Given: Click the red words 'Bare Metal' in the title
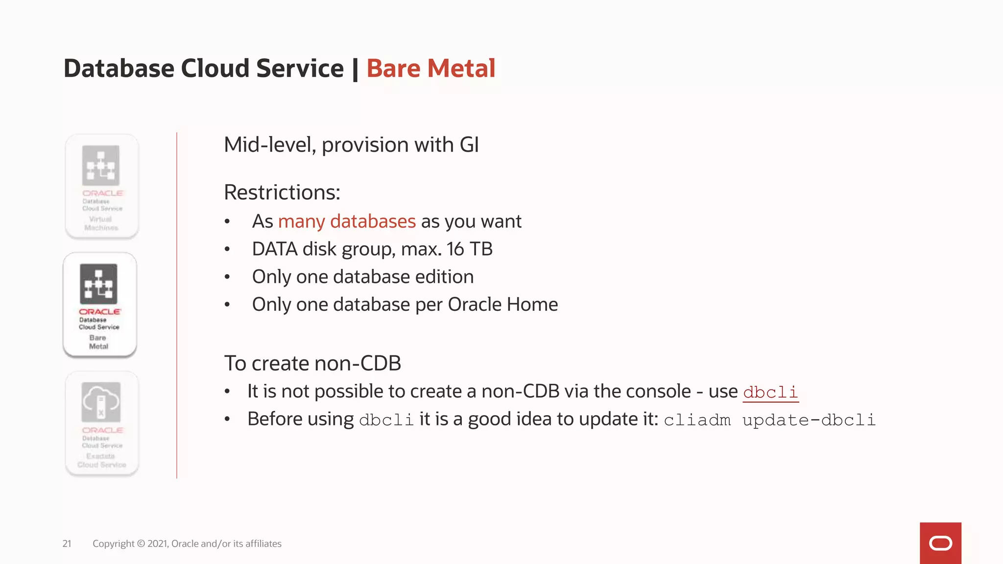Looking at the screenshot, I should tap(430, 68).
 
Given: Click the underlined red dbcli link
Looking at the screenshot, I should tap(770, 392).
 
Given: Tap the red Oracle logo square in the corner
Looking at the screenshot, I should tap(940, 543).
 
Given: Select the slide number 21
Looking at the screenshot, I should tap(67, 543).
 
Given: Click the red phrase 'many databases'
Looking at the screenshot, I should tap(347, 221).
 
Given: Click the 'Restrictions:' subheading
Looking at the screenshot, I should tap(282, 192).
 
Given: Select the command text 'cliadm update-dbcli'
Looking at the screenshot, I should tap(769, 420).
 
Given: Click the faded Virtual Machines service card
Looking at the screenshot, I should tap(102, 187).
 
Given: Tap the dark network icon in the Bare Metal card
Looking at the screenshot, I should tap(99, 284).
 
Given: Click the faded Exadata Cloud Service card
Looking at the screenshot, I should tap(102, 423).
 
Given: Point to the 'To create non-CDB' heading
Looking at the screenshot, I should tap(312, 363).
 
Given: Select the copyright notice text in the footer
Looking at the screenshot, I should tap(187, 543).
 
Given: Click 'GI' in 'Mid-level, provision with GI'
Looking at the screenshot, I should tap(469, 145).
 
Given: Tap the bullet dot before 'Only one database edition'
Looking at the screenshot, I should tap(227, 277).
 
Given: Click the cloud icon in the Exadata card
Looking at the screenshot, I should tap(101, 402).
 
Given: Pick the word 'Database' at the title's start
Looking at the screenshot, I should tap(119, 68).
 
